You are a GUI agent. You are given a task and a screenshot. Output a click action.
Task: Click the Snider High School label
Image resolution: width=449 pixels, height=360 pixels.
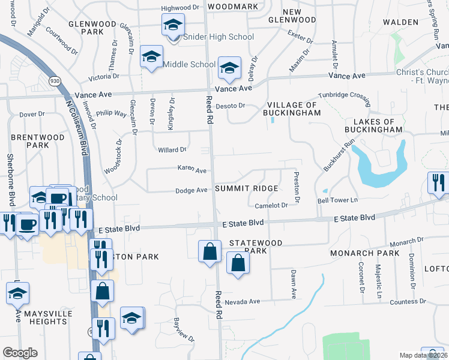(218, 37)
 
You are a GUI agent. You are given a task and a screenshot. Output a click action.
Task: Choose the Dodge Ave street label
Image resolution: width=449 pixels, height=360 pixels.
(191, 190)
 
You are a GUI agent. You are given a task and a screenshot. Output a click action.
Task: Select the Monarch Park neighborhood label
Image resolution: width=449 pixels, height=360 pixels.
(364, 253)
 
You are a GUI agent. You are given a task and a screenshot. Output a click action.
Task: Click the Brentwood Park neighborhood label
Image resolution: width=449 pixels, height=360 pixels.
(38, 141)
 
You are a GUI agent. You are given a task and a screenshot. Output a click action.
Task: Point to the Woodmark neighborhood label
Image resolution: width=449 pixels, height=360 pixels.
(232, 7)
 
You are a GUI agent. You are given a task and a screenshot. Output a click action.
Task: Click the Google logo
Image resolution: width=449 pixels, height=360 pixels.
(19, 353)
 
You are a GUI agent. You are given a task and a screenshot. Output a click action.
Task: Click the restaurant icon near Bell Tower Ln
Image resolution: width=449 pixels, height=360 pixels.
(437, 182)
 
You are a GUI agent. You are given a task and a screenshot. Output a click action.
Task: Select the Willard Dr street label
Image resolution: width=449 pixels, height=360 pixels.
(172, 150)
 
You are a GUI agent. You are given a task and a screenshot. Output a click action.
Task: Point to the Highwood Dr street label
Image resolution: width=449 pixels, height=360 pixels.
(180, 8)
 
